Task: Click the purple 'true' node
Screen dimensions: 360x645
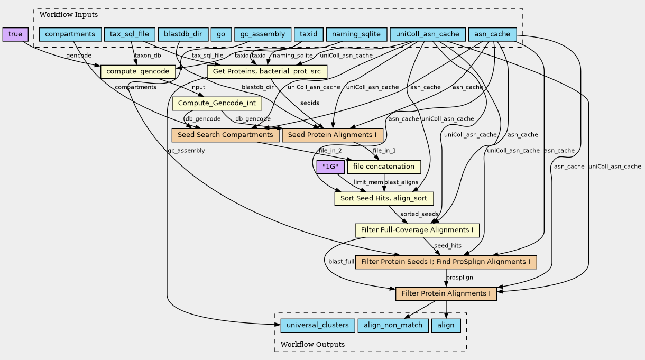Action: [15, 34]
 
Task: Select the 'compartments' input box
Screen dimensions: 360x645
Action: [70, 34]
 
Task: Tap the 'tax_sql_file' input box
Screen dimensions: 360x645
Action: [130, 34]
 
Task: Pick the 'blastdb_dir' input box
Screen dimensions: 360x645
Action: [182, 34]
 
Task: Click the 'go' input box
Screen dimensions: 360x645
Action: [220, 34]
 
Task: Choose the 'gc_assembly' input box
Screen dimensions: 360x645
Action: [262, 34]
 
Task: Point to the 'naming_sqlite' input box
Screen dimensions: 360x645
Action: [356, 34]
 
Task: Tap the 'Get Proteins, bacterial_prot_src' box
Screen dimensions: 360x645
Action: [267, 71]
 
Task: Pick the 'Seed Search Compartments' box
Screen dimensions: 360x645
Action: [225, 135]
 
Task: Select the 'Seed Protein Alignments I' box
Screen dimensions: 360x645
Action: [332, 135]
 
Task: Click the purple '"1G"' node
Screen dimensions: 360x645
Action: [330, 167]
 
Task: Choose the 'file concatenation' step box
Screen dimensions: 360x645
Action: [383, 167]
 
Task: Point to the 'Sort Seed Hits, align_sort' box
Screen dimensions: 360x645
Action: [384, 198]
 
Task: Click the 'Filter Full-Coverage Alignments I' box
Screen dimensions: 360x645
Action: [417, 230]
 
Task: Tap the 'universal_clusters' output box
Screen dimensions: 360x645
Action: [315, 325]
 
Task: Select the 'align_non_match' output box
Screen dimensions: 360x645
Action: [392, 325]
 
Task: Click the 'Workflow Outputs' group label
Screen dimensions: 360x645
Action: [312, 344]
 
